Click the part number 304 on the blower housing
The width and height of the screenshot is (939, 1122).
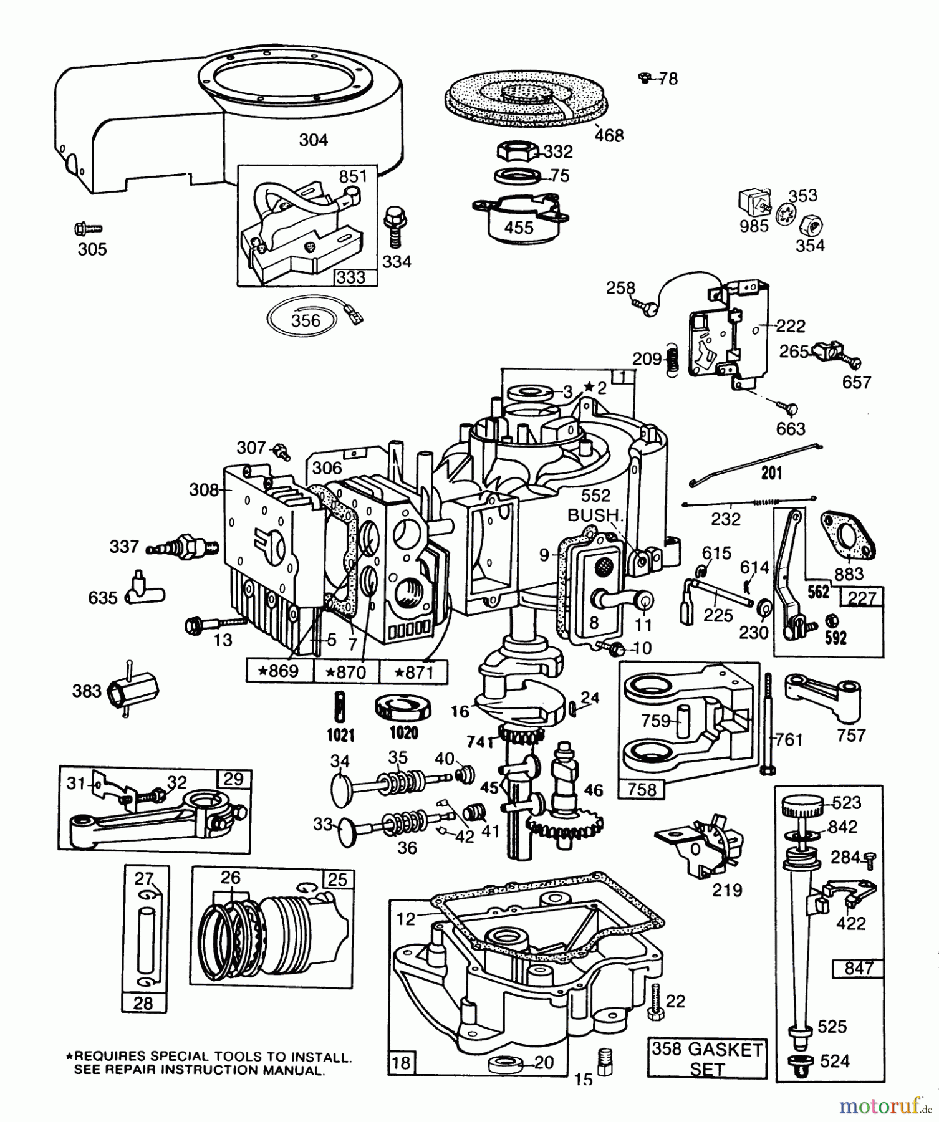point(313,140)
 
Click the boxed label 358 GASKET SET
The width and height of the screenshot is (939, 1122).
point(706,1058)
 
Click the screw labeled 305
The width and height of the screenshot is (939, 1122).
point(87,229)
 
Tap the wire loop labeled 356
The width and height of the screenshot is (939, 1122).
point(306,320)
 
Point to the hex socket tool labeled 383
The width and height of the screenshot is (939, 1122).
point(133,689)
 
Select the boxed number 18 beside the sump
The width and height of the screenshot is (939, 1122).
point(401,1062)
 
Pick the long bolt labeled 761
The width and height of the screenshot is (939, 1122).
point(766,723)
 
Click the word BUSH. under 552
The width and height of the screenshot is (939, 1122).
point(594,515)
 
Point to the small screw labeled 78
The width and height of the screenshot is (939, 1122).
point(645,78)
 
